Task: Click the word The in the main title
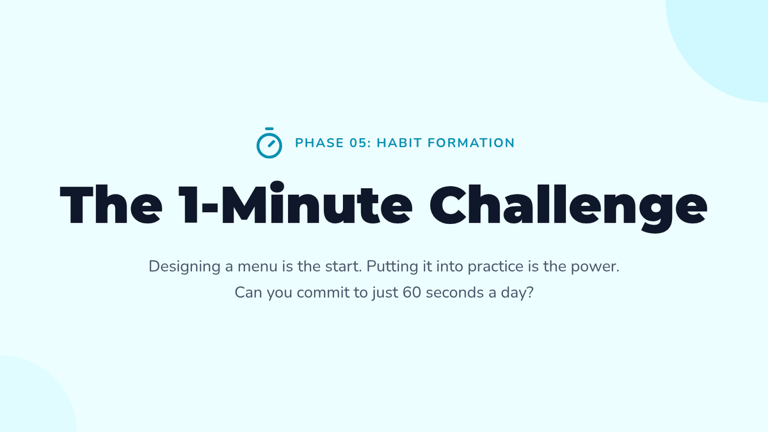(x=111, y=205)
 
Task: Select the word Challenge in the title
(x=568, y=208)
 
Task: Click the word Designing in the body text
(x=184, y=267)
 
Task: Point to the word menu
(x=257, y=267)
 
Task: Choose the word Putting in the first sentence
(x=392, y=267)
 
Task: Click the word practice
(x=495, y=267)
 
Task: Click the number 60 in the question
(x=412, y=293)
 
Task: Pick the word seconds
(x=454, y=293)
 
